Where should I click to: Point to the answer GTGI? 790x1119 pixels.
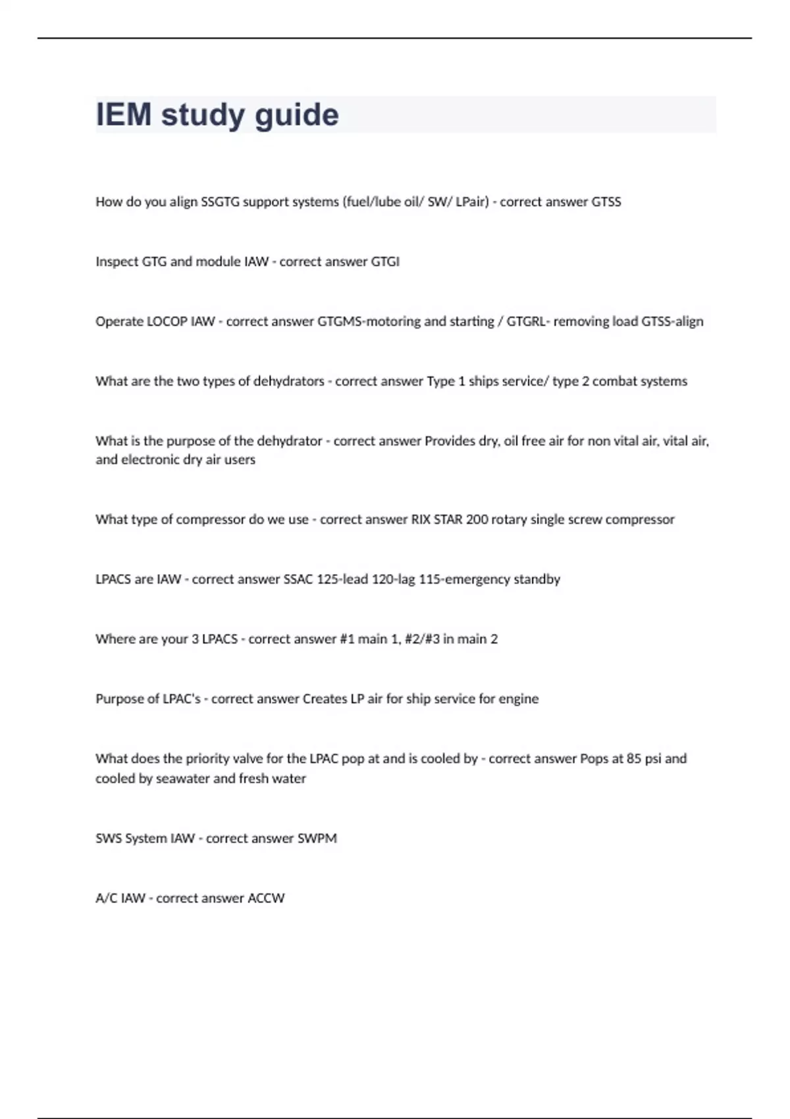pos(385,262)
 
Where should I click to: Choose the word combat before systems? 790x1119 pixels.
pos(616,382)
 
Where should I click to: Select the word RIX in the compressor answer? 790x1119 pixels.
pos(421,520)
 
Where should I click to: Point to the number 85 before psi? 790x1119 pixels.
pos(634,759)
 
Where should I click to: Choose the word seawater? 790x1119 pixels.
pos(182,779)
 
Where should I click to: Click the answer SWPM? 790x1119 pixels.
pos(317,839)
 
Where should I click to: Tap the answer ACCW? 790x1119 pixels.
pos(266,898)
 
